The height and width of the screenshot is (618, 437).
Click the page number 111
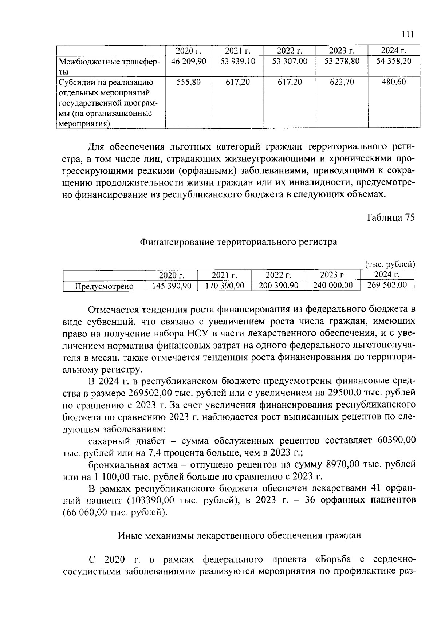click(408, 35)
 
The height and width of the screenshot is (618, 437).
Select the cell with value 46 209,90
click(189, 61)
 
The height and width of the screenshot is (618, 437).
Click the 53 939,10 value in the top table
click(238, 61)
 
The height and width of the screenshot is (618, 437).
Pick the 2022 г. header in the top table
click(290, 51)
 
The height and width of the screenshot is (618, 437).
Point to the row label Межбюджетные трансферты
click(109, 66)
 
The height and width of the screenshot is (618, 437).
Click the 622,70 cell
click(342, 82)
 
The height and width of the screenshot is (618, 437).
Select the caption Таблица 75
click(390, 217)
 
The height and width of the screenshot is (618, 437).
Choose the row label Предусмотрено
click(104, 287)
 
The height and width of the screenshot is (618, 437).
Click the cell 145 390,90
click(172, 286)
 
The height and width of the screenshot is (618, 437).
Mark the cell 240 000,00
click(333, 286)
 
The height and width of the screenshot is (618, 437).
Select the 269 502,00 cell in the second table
click(387, 285)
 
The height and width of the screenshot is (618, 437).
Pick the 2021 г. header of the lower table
click(224, 275)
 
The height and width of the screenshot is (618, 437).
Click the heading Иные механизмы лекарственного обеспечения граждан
click(239, 536)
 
